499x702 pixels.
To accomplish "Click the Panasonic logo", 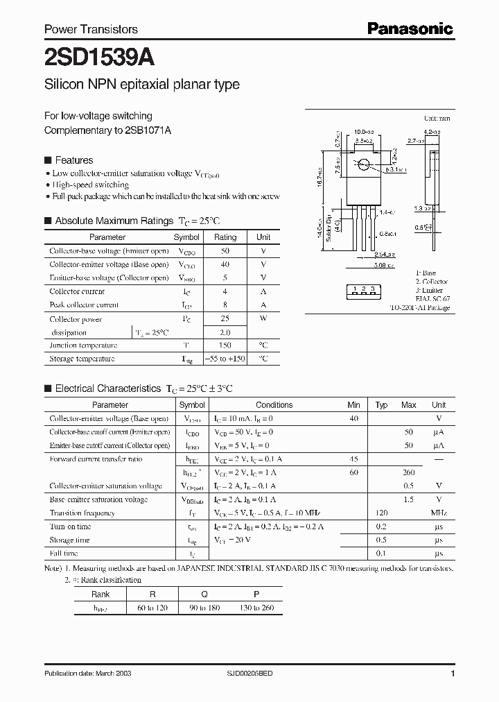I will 410,28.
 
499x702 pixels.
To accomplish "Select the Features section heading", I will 73,160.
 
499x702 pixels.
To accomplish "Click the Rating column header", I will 225,237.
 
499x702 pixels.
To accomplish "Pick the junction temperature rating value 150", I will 225,345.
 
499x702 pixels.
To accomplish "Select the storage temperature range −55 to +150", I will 225,359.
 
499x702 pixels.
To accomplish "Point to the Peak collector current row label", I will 84,305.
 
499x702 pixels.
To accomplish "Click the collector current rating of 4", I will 225,292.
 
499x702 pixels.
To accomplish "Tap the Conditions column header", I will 274,405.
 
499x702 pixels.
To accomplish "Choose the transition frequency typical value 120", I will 381,513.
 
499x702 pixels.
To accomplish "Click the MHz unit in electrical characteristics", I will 439,513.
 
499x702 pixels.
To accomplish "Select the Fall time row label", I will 64,554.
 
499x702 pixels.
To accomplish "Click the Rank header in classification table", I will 101,594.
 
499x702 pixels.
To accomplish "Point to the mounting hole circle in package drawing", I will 363,165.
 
